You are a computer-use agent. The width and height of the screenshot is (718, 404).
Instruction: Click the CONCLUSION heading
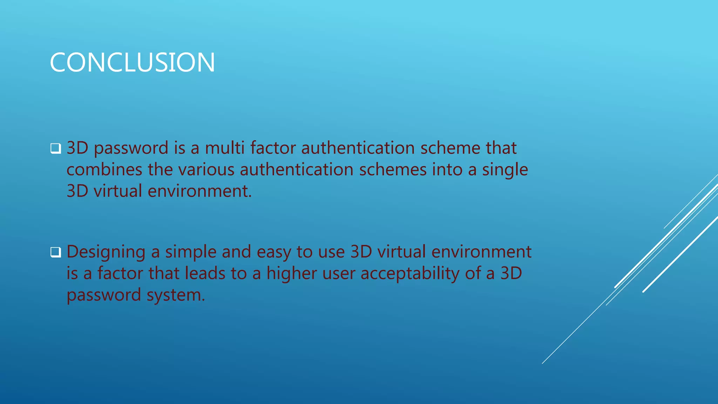click(132, 63)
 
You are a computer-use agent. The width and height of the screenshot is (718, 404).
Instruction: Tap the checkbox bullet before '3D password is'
click(55, 149)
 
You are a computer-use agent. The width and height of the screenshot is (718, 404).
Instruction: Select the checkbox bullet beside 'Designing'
click(55, 252)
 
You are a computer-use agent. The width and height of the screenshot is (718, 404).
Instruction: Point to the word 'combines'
click(104, 169)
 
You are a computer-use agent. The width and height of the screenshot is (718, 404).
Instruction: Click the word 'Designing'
click(106, 252)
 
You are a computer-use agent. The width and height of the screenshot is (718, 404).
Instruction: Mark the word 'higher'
click(292, 274)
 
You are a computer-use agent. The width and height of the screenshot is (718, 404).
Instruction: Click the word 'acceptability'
click(410, 274)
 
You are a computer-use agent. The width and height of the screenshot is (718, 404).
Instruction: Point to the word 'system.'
click(176, 295)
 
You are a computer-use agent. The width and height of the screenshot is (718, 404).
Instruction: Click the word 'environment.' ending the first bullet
click(199, 191)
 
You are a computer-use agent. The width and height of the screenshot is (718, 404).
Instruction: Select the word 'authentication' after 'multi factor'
click(358, 148)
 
